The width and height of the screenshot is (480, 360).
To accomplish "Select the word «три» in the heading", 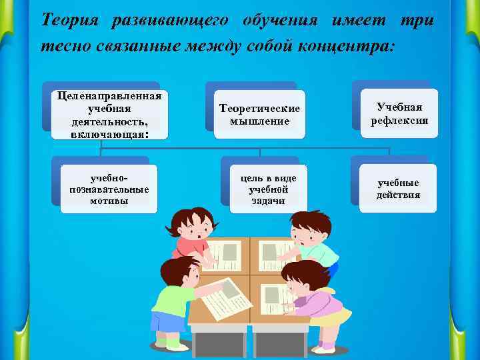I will [x=418, y=20].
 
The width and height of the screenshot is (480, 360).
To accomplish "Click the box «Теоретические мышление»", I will [x=260, y=115].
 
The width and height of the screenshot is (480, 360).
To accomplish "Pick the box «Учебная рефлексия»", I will [x=399, y=113].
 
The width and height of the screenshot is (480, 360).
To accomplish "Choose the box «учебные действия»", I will [x=399, y=189].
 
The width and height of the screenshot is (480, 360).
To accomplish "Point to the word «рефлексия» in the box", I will [x=399, y=121].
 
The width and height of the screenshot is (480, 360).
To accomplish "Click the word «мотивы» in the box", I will [x=109, y=201].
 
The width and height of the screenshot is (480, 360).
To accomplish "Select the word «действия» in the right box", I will [x=399, y=195].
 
